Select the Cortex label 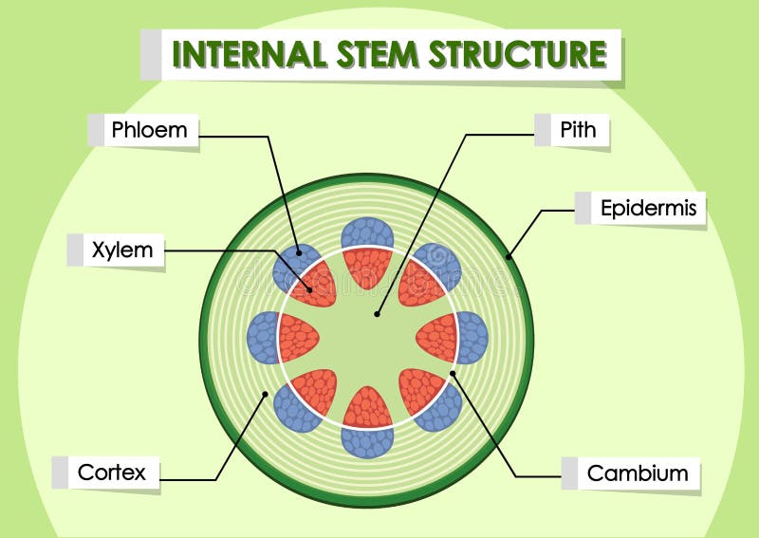click(112, 472)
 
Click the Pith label click(578, 129)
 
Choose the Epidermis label click(648, 208)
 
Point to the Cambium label click(638, 473)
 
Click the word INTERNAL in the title click(250, 54)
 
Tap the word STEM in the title click(376, 54)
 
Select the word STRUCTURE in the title click(516, 54)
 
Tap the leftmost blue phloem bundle click(262, 338)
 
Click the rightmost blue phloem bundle click(472, 338)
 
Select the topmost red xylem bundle click(367, 268)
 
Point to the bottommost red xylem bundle click(367, 408)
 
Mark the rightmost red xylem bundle click(437, 338)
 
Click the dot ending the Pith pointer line click(377, 312)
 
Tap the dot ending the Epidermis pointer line click(509, 255)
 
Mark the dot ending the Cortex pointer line click(266, 393)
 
